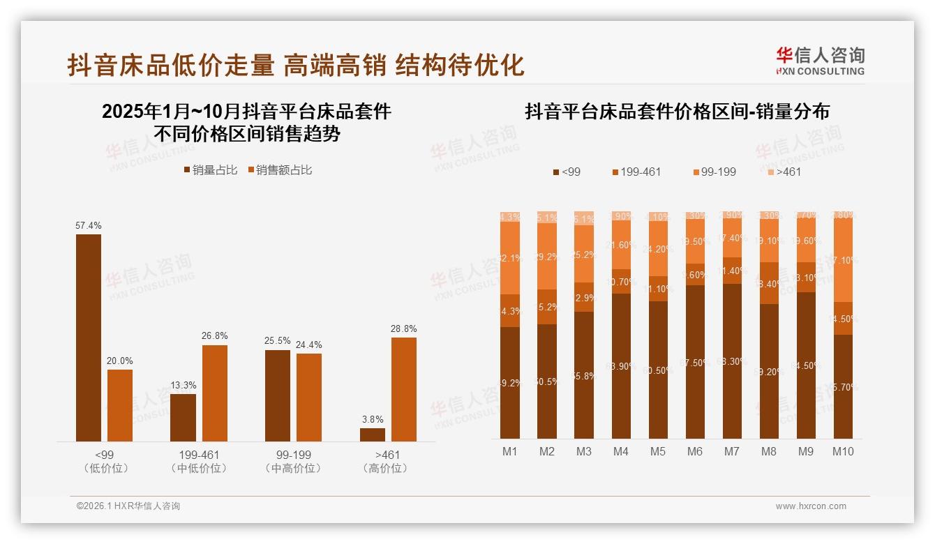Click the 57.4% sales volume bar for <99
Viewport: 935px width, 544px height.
click(89, 338)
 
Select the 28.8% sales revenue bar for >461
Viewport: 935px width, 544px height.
click(403, 389)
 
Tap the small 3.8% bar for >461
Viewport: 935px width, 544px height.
click(372, 435)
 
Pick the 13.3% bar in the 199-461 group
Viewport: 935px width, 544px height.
click(183, 417)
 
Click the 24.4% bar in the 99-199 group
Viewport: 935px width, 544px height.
click(308, 397)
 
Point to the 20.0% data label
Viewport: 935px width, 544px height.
click(120, 361)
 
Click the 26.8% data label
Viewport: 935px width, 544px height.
click(215, 336)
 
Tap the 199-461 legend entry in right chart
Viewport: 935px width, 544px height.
click(636, 172)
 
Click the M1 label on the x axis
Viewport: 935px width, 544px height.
click(510, 452)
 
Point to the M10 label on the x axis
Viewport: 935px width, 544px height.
click(843, 452)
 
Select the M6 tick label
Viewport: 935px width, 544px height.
click(695, 452)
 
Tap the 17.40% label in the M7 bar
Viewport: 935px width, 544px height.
click(732, 238)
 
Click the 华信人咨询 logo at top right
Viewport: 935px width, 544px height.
click(820, 61)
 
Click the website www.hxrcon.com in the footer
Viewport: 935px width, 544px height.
click(811, 506)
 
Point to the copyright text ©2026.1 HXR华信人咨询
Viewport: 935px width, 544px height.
click(128, 506)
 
